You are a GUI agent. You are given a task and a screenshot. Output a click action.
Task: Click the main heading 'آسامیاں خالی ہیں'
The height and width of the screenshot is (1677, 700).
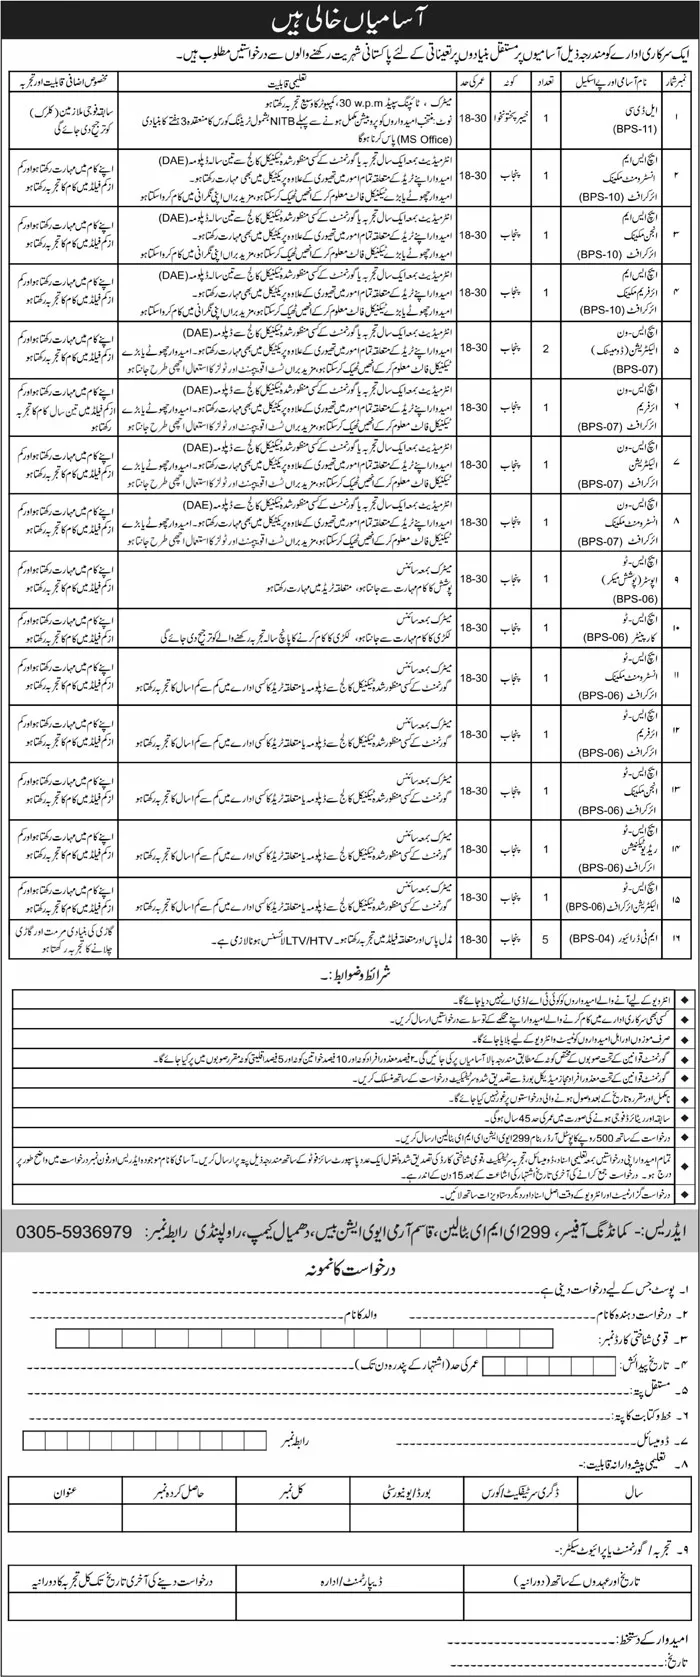pyautogui.click(x=349, y=18)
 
